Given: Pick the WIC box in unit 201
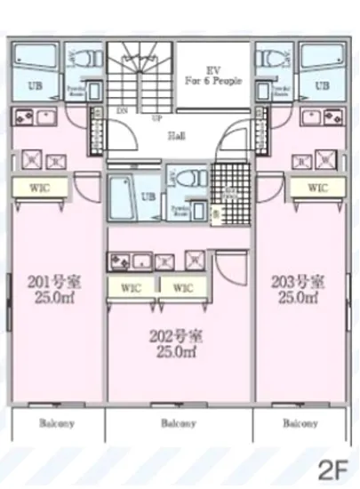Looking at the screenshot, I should pos(37,188).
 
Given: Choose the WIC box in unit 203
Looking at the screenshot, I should pos(316,188).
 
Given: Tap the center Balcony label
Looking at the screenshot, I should pos(179,424).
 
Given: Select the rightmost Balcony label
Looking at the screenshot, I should pos(300,424).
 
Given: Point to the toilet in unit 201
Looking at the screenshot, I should pos(84,61).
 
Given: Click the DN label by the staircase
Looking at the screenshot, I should pos(121,110).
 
